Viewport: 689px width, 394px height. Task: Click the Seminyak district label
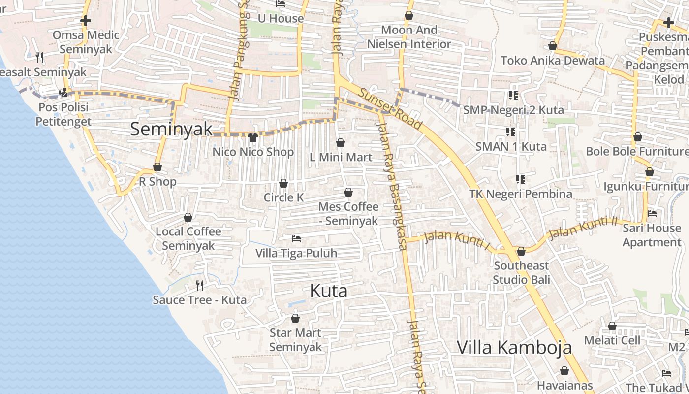171,129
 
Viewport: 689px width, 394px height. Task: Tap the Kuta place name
329,291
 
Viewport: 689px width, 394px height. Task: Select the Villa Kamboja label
514,347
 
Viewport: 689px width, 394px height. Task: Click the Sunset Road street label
390,109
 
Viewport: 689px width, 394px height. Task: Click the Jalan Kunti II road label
583,228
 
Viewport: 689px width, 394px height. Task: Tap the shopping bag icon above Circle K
283,184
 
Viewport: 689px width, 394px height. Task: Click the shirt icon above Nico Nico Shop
253,137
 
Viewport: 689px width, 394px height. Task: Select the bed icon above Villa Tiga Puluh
296,239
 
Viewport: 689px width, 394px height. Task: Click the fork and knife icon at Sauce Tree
200,285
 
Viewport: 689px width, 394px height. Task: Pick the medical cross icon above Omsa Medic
86,21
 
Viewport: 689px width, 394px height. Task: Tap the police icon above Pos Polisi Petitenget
63,93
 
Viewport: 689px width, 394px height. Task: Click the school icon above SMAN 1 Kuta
511,132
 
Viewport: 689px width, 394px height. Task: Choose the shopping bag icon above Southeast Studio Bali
521,252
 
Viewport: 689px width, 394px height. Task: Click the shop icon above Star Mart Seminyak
295,319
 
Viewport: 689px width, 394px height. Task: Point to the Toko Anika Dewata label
552,61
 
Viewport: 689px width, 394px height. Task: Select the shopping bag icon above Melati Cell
612,326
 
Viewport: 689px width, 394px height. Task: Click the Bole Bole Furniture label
637,151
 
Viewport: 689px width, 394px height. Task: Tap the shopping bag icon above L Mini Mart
341,143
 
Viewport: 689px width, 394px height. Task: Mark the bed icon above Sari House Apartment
652,214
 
